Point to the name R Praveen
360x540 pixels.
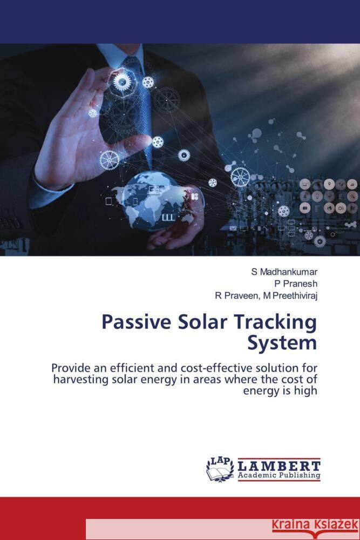click(x=235, y=294)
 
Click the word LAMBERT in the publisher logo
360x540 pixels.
click(x=280, y=465)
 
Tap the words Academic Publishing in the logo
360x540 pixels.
click(x=279, y=476)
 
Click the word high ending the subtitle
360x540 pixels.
click(x=305, y=390)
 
